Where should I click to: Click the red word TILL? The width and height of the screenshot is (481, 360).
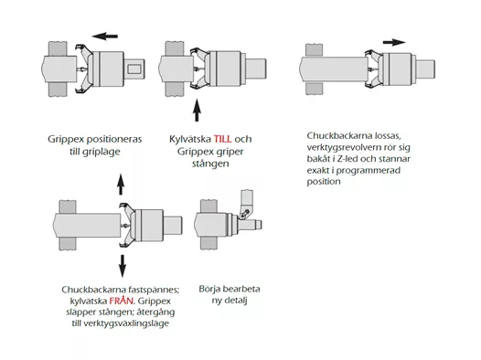[222, 139]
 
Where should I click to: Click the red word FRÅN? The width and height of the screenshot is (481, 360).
[122, 301]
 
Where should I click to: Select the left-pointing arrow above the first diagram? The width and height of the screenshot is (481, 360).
[105, 37]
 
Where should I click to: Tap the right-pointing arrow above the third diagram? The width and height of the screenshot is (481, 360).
[394, 42]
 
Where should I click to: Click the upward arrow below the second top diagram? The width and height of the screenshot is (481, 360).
[197, 111]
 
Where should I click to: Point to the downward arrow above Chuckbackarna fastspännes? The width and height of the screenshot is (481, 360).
[123, 266]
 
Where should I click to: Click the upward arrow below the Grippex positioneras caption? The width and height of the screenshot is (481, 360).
[121, 185]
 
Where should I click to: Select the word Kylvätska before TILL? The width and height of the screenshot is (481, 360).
[190, 139]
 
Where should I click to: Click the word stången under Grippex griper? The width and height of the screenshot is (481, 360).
[210, 164]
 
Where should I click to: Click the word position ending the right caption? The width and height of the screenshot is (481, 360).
[324, 182]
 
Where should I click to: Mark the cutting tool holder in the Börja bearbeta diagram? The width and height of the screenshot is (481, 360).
[246, 204]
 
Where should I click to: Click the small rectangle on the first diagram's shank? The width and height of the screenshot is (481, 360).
[134, 69]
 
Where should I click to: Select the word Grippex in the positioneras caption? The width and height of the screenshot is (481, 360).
[65, 140]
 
